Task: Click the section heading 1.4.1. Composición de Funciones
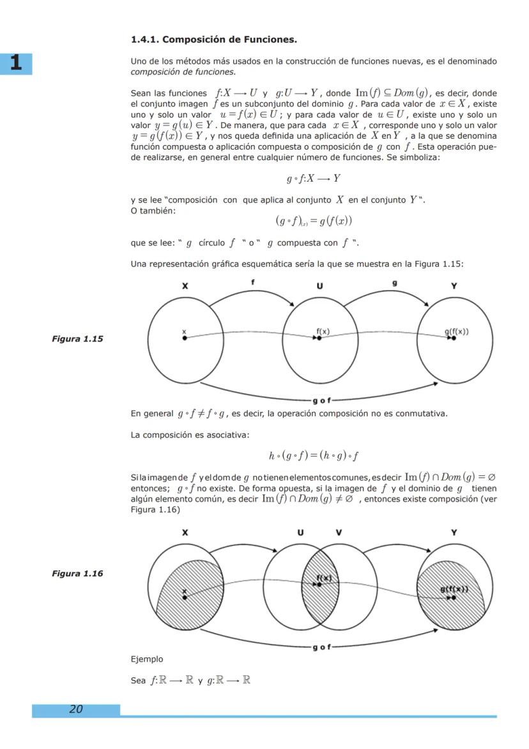pyautogui.click(x=213, y=40)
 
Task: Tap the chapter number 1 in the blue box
pyautogui.click(x=16, y=63)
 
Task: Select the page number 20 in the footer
pyautogui.click(x=76, y=709)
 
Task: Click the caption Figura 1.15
pyautogui.click(x=77, y=339)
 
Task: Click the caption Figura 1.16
pyautogui.click(x=77, y=573)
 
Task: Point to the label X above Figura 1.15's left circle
pyautogui.click(x=185, y=287)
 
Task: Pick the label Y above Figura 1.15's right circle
pyautogui.click(x=454, y=287)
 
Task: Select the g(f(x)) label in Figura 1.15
pyautogui.click(x=456, y=331)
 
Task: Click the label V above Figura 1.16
pyautogui.click(x=339, y=532)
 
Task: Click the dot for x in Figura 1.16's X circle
pyautogui.click(x=185, y=597)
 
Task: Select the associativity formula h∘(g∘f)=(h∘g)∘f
pyautogui.click(x=313, y=455)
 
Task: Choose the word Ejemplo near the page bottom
pyautogui.click(x=146, y=659)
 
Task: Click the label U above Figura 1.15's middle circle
pyautogui.click(x=319, y=287)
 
